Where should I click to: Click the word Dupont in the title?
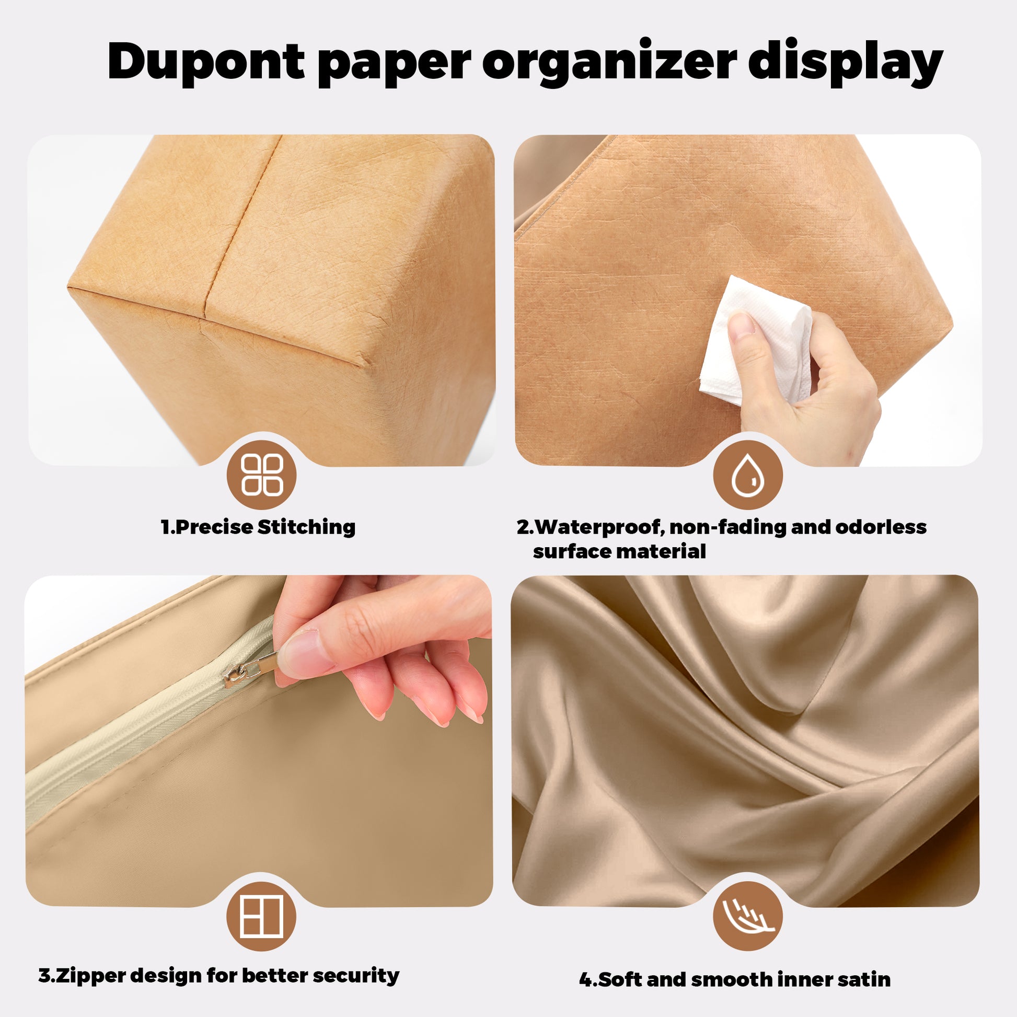206,62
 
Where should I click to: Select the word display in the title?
846,62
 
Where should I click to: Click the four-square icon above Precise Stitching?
262,475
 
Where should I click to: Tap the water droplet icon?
748,475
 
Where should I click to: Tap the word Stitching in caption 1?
306,527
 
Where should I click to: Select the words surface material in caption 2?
619,552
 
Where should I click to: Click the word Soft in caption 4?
621,979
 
